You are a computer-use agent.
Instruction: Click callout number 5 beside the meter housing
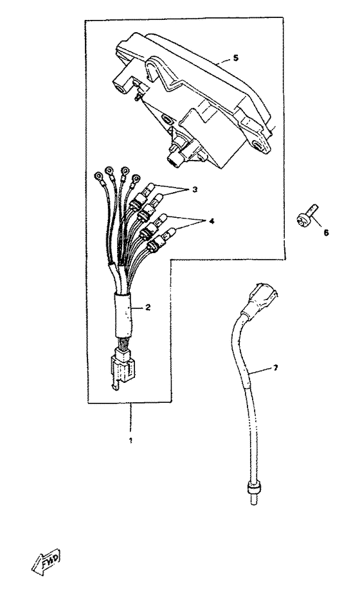tap(235, 58)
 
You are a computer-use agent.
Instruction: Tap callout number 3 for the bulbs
tap(195, 190)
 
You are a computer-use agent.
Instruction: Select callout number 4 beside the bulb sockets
tap(212, 221)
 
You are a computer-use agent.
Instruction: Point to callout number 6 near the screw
tap(326, 233)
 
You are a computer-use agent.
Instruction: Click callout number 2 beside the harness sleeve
tap(148, 308)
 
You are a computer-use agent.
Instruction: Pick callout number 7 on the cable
tap(276, 367)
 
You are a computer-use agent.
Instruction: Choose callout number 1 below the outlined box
tap(130, 441)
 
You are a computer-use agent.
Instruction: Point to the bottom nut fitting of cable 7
tap(253, 489)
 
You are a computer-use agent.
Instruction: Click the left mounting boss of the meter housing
tap(122, 84)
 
